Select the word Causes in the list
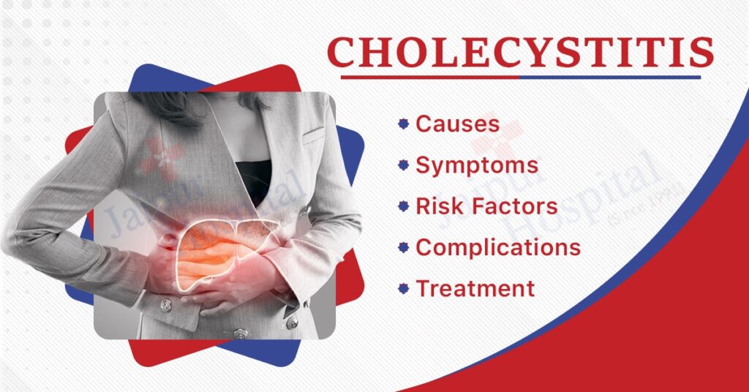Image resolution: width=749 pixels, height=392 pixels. click(x=457, y=124)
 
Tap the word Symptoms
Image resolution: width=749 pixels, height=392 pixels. click(x=477, y=165)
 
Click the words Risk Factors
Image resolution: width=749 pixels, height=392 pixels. click(x=486, y=206)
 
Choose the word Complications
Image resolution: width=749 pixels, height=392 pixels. click(x=498, y=247)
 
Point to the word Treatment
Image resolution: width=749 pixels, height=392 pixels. click(x=475, y=288)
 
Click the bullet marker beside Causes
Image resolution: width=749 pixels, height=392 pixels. click(x=402, y=124)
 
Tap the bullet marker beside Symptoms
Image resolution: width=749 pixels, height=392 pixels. click(x=402, y=165)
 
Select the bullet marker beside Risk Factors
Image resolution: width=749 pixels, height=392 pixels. click(x=402, y=206)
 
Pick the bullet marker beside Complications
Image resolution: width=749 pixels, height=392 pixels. click(x=402, y=247)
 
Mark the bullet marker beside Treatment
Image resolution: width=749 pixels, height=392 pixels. click(x=402, y=288)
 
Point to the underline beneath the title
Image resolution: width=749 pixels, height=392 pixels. click(x=520, y=76)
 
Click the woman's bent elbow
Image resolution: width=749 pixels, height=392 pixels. click(x=15, y=241)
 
